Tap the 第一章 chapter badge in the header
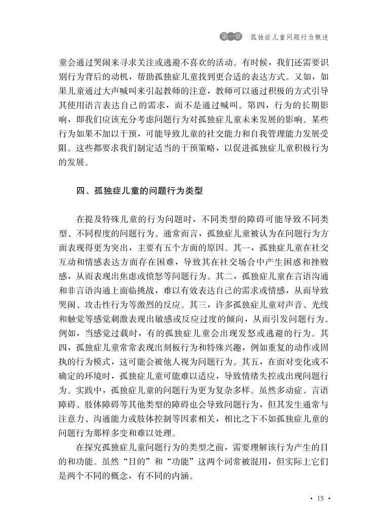coord(231,37)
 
